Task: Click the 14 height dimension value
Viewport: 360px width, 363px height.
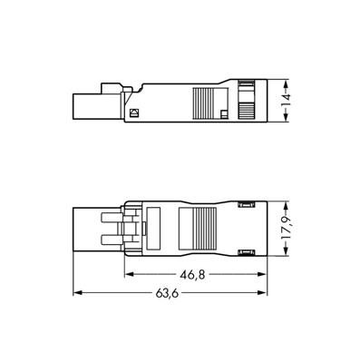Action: [286, 101]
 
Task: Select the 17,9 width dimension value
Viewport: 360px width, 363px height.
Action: [286, 229]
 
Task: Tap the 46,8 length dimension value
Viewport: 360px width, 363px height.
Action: [192, 275]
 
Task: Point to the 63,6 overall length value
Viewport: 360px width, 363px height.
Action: [167, 293]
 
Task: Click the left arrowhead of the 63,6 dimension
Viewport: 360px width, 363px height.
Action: [78, 292]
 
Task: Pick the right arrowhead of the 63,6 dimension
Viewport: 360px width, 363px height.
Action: [262, 292]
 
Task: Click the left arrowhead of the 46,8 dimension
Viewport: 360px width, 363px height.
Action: [130, 274]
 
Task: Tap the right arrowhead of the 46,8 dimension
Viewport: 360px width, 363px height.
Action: [261, 274]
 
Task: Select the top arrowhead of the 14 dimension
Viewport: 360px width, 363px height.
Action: [286, 84]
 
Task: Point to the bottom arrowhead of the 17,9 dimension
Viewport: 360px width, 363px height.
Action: [286, 251]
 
